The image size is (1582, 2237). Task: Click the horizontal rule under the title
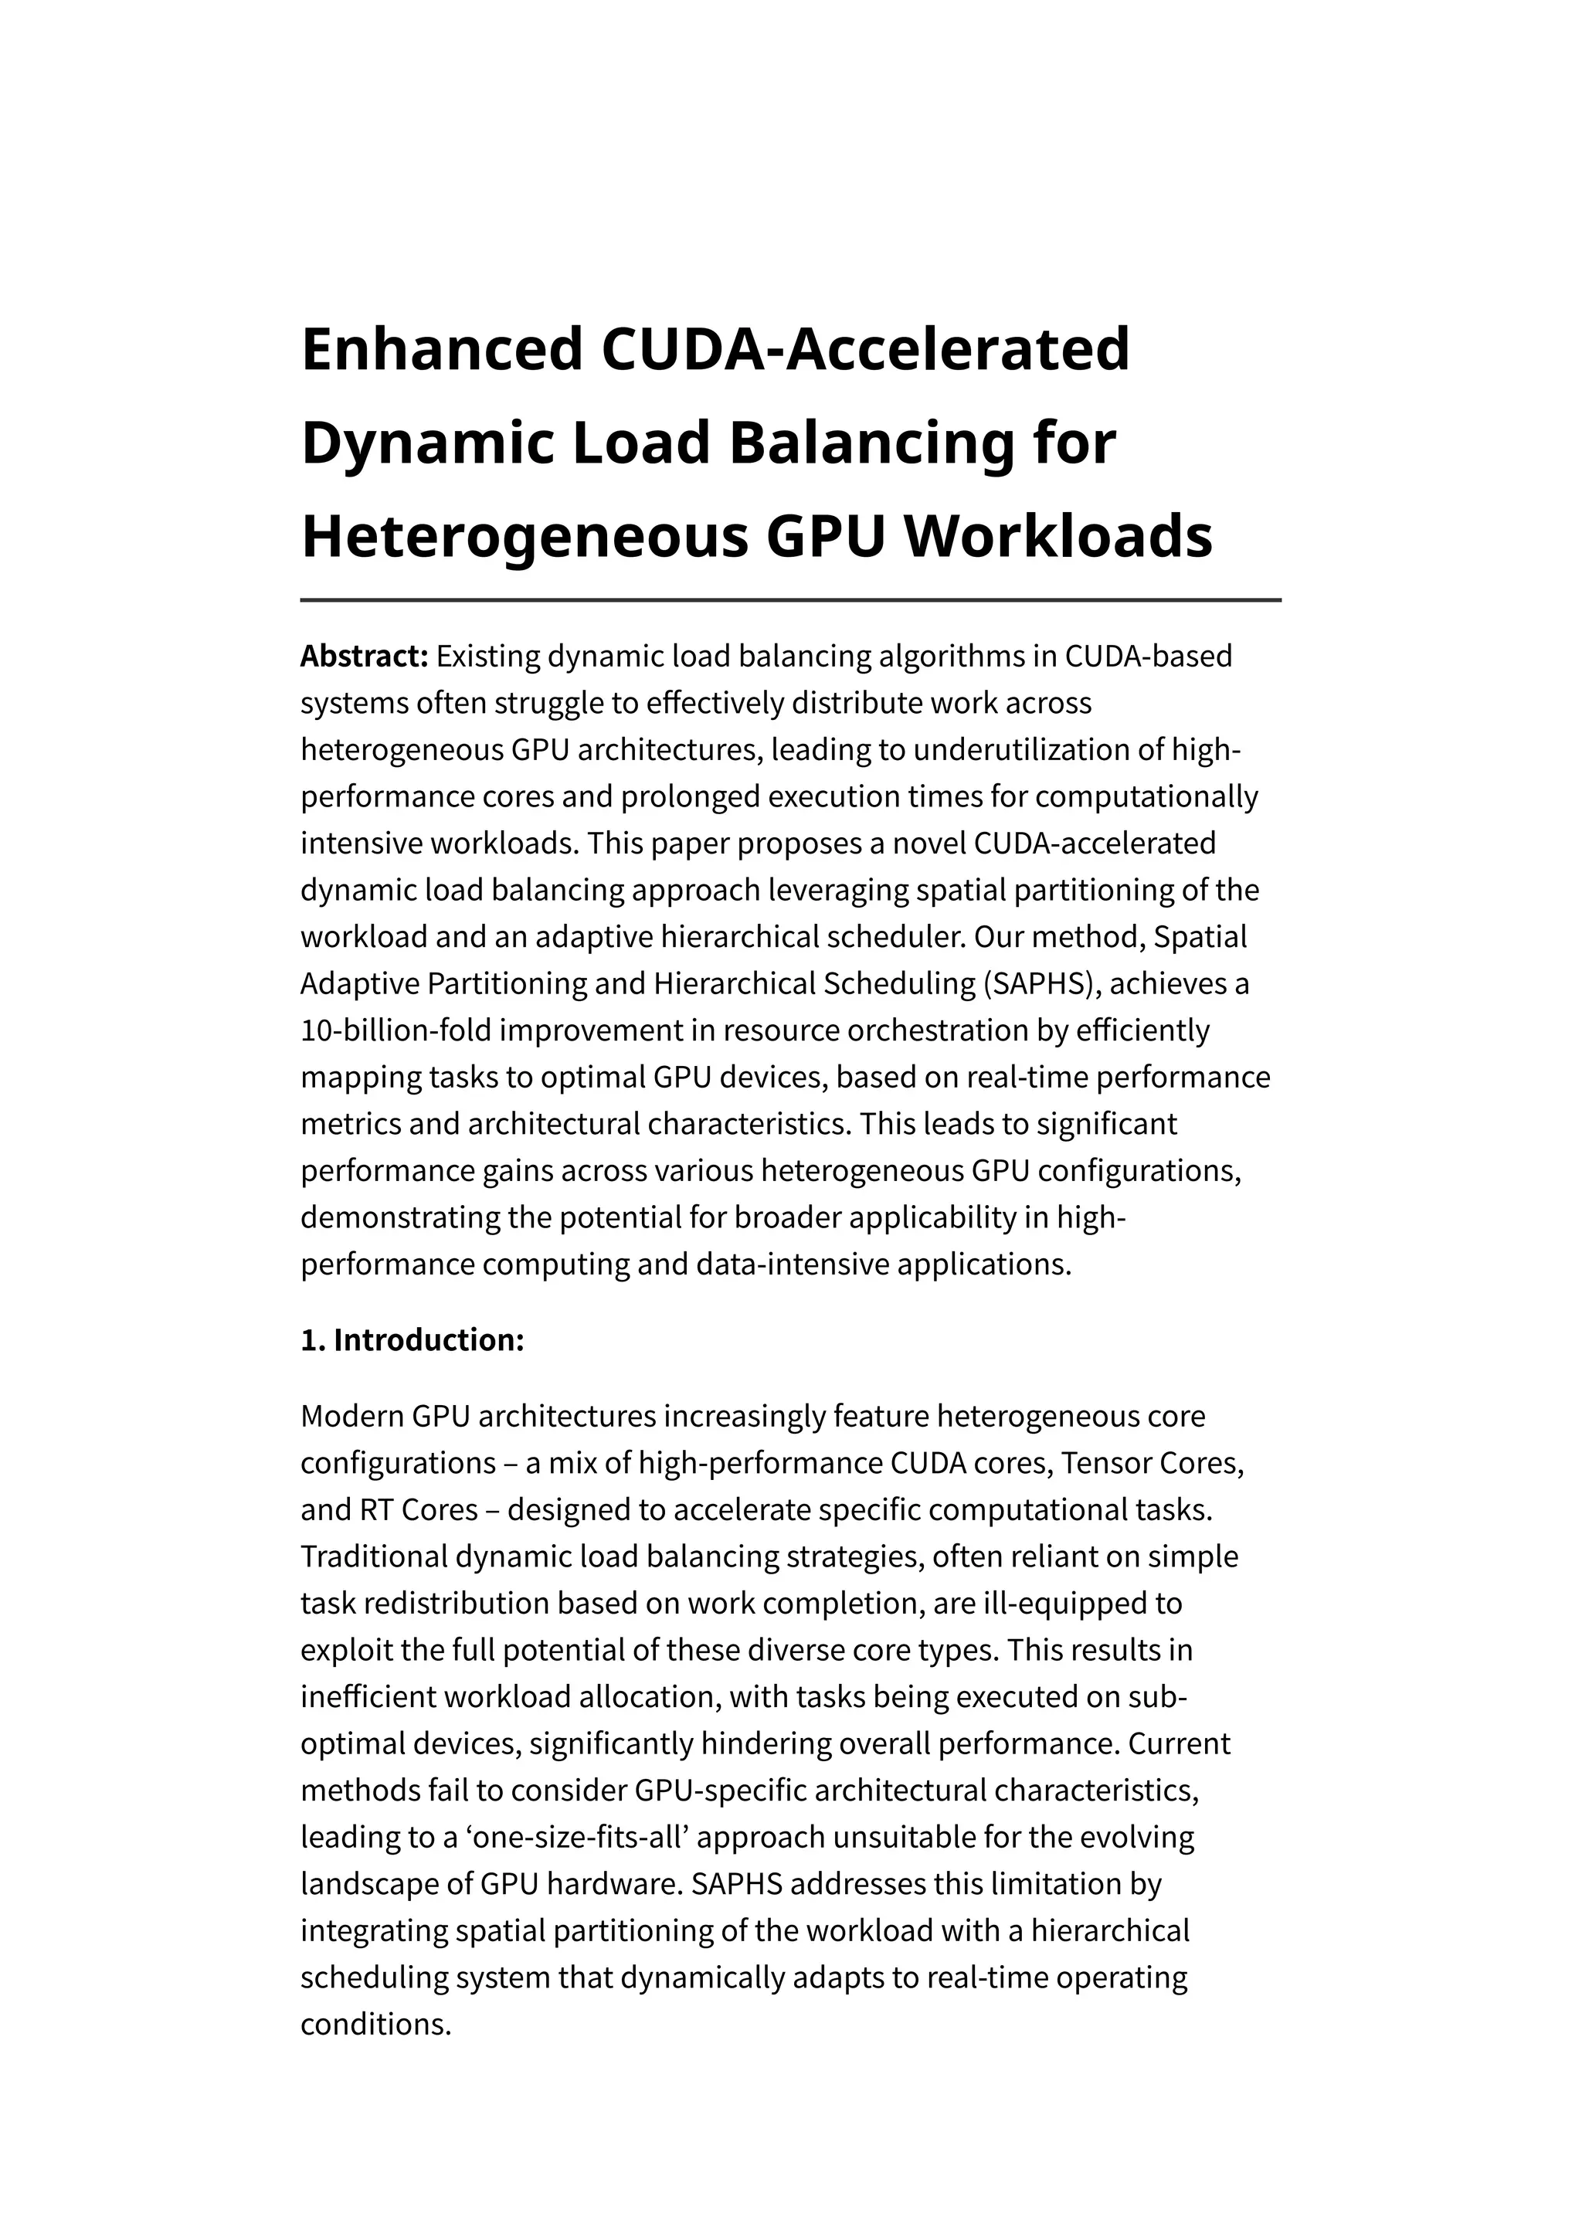click(790, 600)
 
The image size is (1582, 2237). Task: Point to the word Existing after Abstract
click(488, 657)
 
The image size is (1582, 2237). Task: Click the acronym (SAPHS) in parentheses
click(1041, 984)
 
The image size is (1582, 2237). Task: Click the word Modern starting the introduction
click(351, 1417)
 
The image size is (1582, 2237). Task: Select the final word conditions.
click(375, 2025)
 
